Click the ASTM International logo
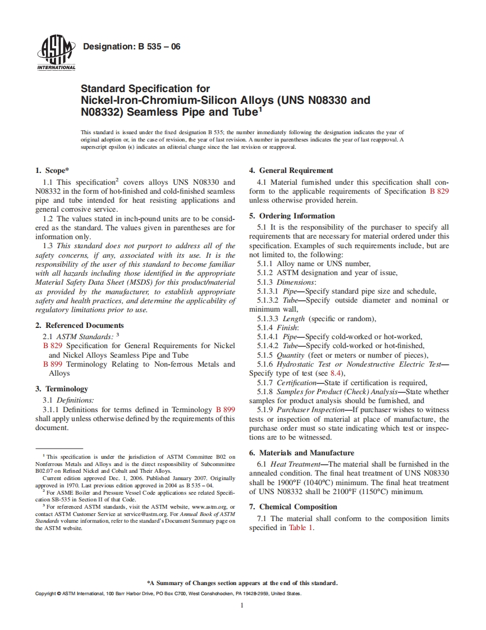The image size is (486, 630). click(x=56, y=54)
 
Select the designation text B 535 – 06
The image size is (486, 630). click(x=131, y=47)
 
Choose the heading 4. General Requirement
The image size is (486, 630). click(x=291, y=170)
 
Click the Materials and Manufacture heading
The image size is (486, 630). click(x=302, y=453)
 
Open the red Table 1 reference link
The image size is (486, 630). click(x=300, y=528)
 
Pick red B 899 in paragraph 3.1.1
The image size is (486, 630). click(x=225, y=409)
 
